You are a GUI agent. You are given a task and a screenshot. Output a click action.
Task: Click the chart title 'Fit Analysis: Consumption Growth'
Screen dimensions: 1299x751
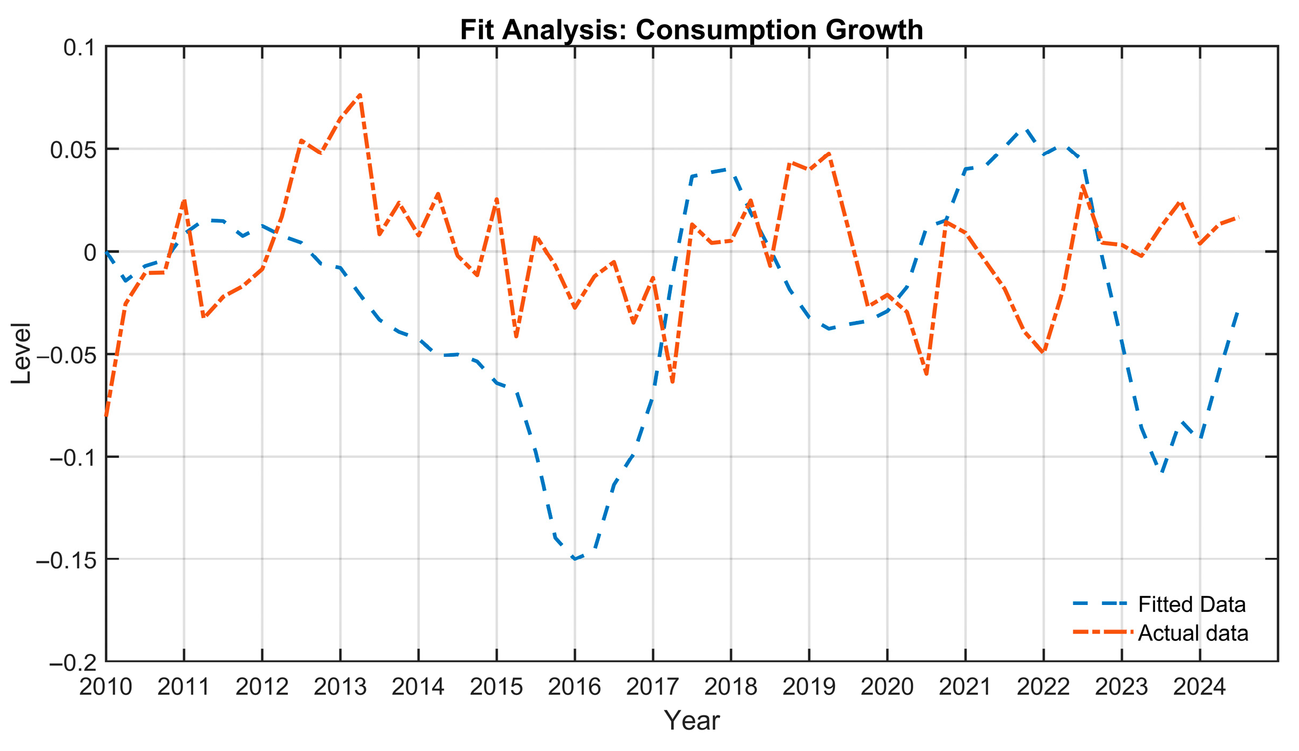pyautogui.click(x=692, y=29)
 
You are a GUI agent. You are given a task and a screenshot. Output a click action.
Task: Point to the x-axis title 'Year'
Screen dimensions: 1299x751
pyautogui.click(x=692, y=721)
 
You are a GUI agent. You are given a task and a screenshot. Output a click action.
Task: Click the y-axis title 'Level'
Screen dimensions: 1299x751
pyautogui.click(x=21, y=354)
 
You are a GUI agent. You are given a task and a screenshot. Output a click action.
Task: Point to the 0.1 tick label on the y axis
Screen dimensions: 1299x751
pyautogui.click(x=79, y=48)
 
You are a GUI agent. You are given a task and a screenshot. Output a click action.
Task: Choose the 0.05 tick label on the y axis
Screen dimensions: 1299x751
pyautogui.click(x=73, y=150)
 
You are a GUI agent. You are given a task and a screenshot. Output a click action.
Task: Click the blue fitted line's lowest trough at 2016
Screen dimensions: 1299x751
pyautogui.click(x=575, y=559)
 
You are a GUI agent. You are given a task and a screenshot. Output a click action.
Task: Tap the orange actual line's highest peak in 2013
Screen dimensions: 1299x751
pyautogui.click(x=360, y=95)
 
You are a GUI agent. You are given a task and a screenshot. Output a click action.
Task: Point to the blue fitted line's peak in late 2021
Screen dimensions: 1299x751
pyautogui.click(x=1025, y=129)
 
